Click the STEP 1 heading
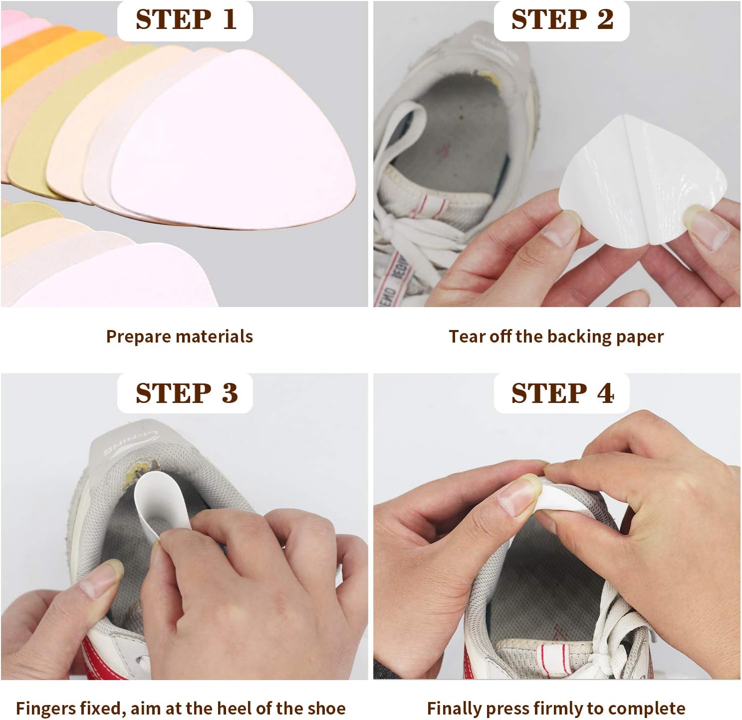pyautogui.click(x=186, y=20)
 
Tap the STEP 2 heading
pyautogui.click(x=562, y=20)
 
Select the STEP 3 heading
pyautogui.click(x=186, y=393)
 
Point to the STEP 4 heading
pyautogui.click(x=562, y=393)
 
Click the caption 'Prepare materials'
pyautogui.click(x=179, y=337)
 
